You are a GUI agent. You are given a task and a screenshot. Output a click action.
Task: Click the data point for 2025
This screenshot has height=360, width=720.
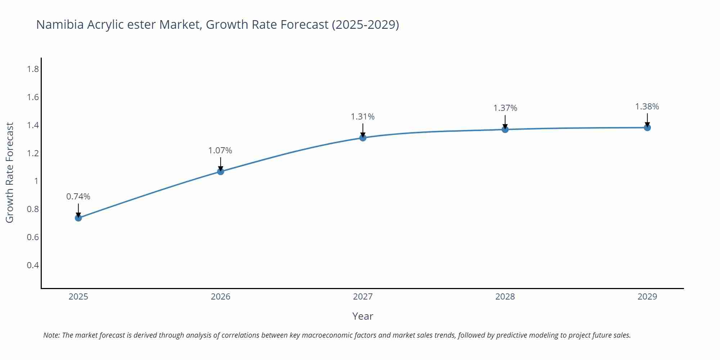pos(78,218)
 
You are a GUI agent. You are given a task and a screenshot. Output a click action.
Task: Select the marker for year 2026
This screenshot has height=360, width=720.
pos(221,172)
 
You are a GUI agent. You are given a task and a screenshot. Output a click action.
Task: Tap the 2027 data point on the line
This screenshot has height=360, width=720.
pos(363,138)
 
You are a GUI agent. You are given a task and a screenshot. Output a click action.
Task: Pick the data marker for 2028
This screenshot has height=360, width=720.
pos(505,129)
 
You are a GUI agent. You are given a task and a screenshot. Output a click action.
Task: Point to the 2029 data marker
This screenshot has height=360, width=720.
pos(647,127)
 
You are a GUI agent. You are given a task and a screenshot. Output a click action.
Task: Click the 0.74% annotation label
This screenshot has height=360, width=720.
pos(78,197)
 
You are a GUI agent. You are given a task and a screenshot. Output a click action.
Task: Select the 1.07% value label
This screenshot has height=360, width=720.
pos(220,150)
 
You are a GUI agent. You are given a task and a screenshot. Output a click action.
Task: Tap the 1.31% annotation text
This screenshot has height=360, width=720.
pos(363,117)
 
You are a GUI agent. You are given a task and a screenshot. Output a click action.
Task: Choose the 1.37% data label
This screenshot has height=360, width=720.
pos(505,108)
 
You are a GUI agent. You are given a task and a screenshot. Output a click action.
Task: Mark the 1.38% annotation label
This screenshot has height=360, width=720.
pos(647,107)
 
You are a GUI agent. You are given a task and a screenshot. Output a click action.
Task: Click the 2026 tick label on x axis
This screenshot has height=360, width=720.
pos(221,297)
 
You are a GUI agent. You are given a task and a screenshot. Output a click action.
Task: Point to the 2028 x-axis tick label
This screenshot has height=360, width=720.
pos(505,297)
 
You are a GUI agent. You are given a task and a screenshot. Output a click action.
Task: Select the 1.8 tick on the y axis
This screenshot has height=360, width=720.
pos(33,69)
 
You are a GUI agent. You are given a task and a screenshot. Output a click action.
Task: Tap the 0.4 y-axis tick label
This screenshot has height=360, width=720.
pos(33,265)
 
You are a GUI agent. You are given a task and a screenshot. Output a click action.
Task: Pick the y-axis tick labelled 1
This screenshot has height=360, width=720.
pos(36,181)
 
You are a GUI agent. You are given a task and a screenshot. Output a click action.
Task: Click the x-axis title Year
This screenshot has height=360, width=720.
pos(363,316)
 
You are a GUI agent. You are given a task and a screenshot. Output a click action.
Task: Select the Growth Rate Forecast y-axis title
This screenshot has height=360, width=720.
pos(10,173)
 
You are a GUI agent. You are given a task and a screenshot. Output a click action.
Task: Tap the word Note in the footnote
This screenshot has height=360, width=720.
pos(51,335)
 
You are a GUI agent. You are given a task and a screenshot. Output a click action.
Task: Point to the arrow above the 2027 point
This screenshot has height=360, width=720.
pos(363,130)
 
